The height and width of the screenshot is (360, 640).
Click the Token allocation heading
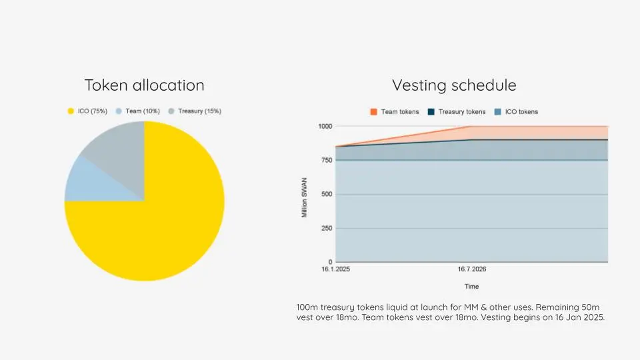[x=144, y=85]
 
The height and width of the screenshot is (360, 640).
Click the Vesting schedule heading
[x=454, y=85]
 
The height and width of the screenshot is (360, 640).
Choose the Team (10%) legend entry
[x=139, y=111]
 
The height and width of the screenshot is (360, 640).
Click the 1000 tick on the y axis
[x=325, y=126]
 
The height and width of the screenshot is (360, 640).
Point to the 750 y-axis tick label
[x=327, y=160]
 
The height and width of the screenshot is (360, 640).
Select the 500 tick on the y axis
[x=327, y=194]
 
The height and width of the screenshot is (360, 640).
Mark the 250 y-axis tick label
[x=327, y=228]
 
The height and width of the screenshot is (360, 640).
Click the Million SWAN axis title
[x=305, y=194]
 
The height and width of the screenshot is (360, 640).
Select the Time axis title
[x=471, y=286]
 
